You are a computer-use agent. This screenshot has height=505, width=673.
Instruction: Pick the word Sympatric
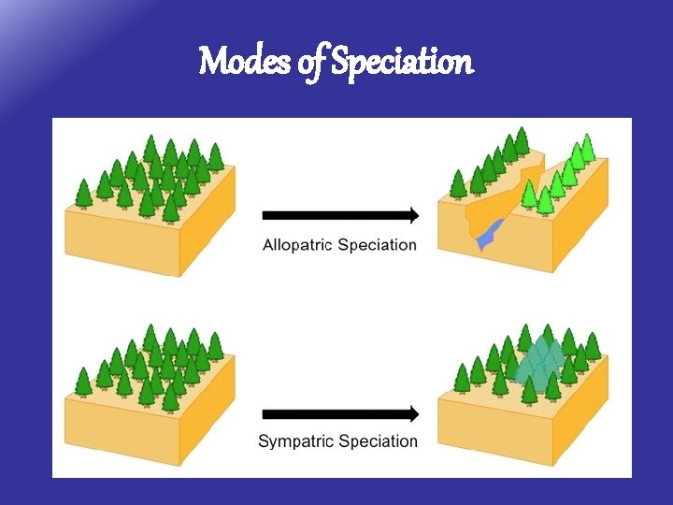pyautogui.click(x=298, y=441)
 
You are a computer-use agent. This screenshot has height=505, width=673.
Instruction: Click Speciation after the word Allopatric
pyautogui.click(x=377, y=245)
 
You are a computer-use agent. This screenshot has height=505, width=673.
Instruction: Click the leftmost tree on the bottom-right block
pyautogui.click(x=462, y=378)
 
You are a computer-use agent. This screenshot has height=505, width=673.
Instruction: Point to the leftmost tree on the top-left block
pyautogui.click(x=83, y=194)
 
